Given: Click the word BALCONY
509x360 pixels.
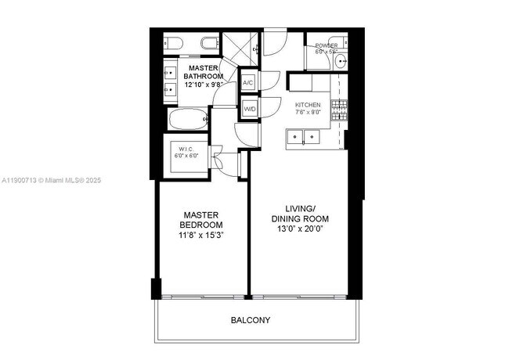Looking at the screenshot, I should pyautogui.click(x=251, y=320).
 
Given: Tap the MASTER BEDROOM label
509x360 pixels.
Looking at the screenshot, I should pyautogui.click(x=200, y=220).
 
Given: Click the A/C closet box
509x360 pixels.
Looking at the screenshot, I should pyautogui.click(x=248, y=83).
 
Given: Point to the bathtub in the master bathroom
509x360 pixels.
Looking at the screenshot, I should pyautogui.click(x=187, y=119).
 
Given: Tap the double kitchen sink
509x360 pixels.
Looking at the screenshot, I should pyautogui.click(x=303, y=138).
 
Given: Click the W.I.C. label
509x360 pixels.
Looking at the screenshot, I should pyautogui.click(x=186, y=149).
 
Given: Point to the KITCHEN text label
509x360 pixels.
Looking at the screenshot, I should pyautogui.click(x=308, y=104).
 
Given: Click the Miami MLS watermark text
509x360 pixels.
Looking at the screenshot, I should pyautogui.click(x=52, y=181).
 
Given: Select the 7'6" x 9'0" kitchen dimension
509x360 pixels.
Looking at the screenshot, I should pyautogui.click(x=308, y=112).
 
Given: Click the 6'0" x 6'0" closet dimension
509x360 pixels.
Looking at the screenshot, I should pyautogui.click(x=186, y=156).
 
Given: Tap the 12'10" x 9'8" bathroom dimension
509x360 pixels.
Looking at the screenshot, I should pyautogui.click(x=203, y=84).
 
